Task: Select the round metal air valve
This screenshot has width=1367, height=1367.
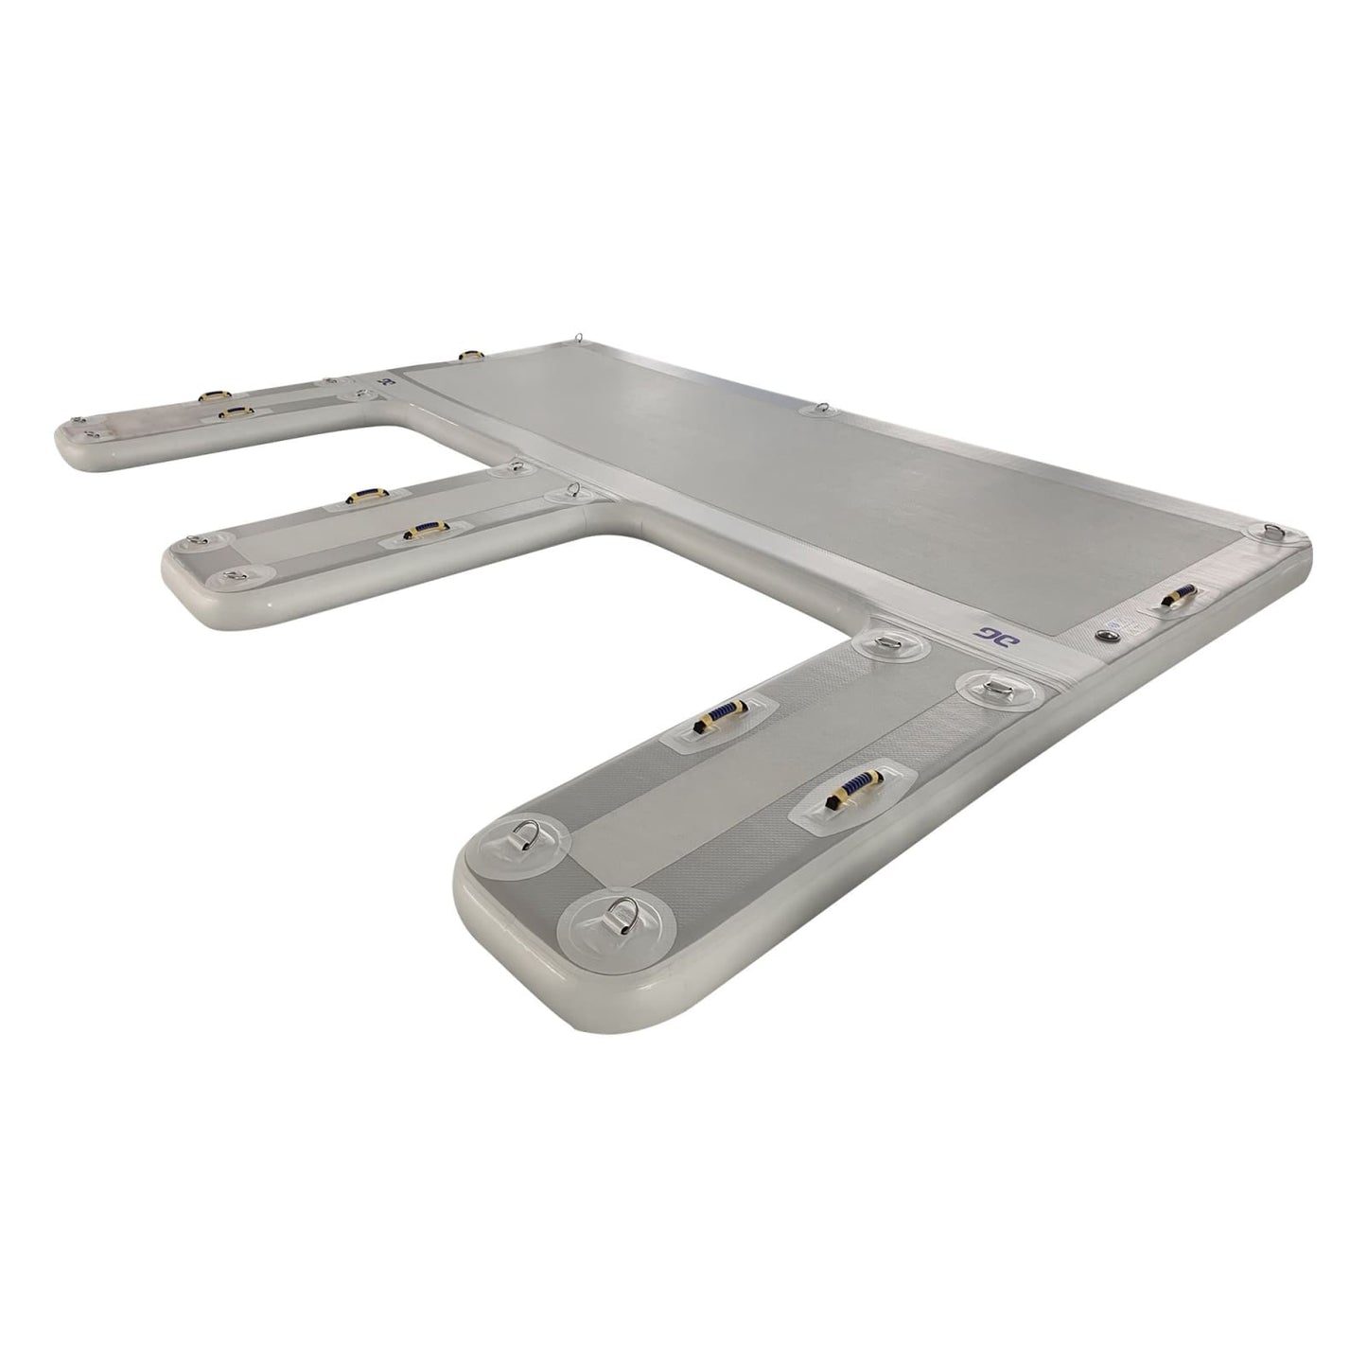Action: [x=1106, y=635]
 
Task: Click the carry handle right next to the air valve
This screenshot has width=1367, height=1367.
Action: [x=1178, y=597]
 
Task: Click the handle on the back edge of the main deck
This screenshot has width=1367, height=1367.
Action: [x=469, y=356]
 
